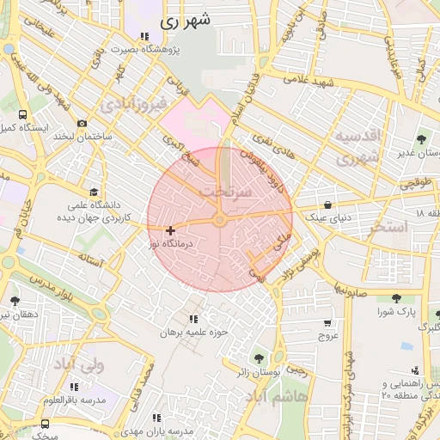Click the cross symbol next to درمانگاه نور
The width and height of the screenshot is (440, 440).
170,230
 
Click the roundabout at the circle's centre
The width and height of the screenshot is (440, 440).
220,222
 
